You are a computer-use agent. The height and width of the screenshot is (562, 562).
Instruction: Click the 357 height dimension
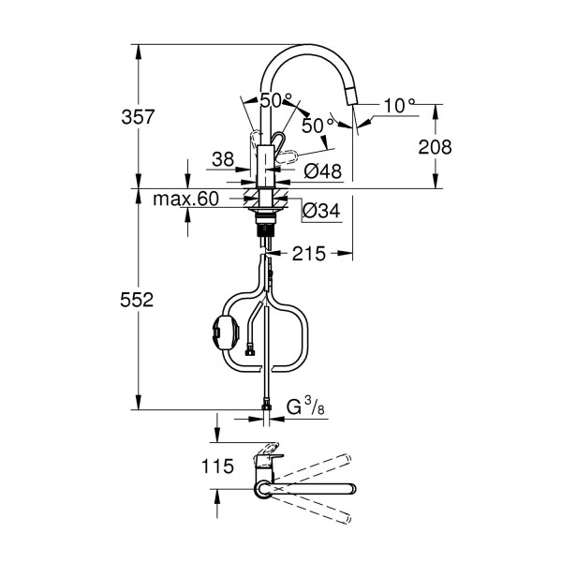click(x=138, y=117)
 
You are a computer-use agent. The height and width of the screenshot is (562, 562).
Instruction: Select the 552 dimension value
click(x=137, y=300)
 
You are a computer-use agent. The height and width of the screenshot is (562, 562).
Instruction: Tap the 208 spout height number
click(x=436, y=147)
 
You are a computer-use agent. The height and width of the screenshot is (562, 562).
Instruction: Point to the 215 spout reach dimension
click(x=309, y=254)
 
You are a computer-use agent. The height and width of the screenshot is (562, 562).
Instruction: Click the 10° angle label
click(x=399, y=105)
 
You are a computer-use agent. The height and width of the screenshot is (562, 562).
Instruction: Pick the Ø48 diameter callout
click(x=322, y=171)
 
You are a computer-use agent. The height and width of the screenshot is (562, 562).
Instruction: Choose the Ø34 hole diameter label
click(x=321, y=211)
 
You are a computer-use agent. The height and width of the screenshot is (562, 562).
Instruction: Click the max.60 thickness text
click(x=185, y=199)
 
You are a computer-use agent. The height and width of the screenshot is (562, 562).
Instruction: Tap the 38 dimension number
click(x=223, y=159)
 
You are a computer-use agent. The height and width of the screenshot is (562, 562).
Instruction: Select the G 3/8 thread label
click(x=305, y=407)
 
